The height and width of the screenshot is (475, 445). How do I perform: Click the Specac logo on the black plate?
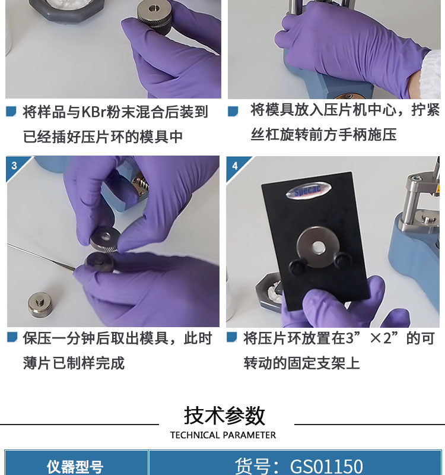308,191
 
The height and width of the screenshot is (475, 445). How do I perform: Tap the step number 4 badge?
235,166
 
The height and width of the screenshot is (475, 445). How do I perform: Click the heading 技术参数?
225,416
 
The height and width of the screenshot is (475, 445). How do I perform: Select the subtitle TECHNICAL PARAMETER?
223,435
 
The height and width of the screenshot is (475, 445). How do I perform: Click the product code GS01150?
326,467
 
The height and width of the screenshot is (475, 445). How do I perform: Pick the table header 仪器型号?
75,467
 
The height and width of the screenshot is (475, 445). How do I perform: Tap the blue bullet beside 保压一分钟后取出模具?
12,337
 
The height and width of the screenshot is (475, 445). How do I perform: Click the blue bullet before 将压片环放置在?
232,337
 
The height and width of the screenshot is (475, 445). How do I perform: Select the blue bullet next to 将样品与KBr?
11,111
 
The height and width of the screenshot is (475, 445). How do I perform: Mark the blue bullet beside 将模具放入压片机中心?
233,111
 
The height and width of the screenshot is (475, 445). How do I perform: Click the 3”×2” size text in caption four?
372,338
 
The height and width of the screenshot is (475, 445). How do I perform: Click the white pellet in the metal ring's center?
317,247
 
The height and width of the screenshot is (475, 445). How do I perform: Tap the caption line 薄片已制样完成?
74,363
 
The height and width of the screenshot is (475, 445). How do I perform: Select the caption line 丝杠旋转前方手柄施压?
323,135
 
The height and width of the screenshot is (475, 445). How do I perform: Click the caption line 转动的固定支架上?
301,363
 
